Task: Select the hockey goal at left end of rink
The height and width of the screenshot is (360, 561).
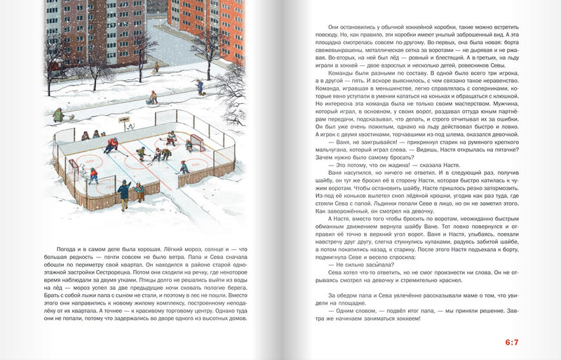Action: tap(72, 168)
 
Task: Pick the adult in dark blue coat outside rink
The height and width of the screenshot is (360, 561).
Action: tap(124, 192)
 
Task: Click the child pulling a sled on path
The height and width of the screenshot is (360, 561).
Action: tap(152, 98)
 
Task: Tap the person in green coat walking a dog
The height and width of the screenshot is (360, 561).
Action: tap(58, 114)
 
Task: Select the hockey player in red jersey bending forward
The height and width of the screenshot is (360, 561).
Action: tap(111, 145)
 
